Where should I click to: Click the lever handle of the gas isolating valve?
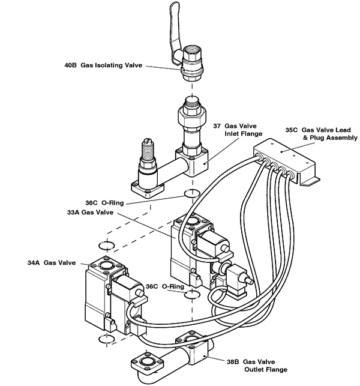[x=175, y=24]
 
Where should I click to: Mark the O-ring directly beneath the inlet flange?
[x=191, y=194]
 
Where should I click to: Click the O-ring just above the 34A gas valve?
[x=106, y=244]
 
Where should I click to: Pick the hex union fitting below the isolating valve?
[x=192, y=116]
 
